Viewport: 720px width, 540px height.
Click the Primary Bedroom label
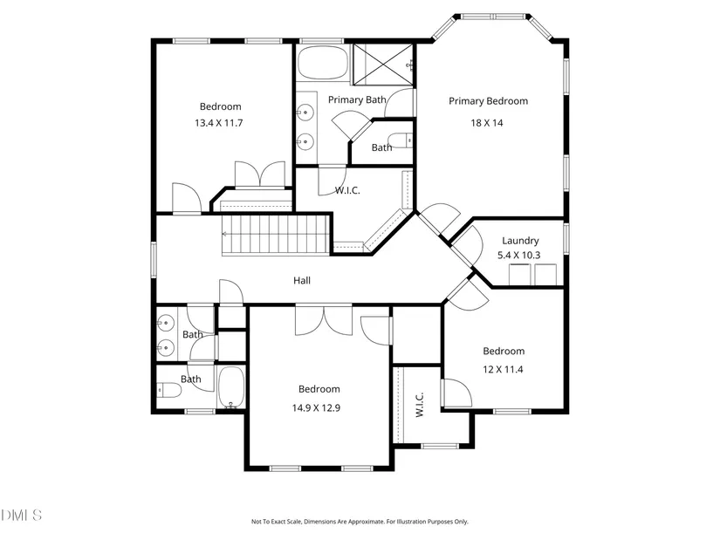[488, 101]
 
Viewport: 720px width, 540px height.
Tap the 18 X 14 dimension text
[487, 123]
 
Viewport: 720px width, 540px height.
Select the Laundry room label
[519, 241]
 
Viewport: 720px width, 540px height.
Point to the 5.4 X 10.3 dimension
[519, 255]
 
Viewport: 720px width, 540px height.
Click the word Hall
[301, 281]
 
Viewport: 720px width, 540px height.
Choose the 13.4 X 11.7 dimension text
[218, 123]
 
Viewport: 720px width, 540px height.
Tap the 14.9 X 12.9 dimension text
[319, 407]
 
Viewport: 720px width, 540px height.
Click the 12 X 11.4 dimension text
[504, 369]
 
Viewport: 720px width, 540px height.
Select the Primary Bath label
[357, 99]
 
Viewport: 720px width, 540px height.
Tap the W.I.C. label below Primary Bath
[347, 190]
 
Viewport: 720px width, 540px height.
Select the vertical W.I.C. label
[419, 403]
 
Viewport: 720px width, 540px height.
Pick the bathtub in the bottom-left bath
[231, 387]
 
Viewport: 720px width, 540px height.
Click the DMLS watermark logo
[22, 515]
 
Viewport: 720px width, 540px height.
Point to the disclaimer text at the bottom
[360, 522]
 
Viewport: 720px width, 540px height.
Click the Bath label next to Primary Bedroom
[381, 147]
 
